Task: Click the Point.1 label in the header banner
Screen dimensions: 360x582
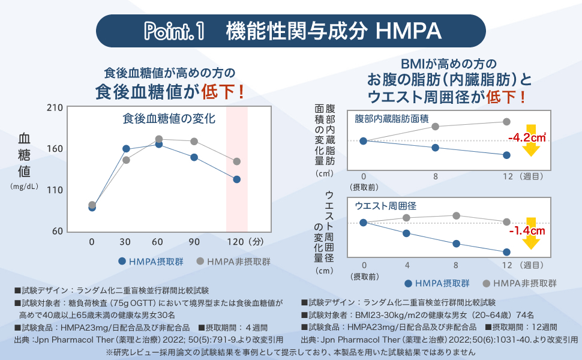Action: pos(174,31)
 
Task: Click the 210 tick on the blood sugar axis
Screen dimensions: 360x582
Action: pos(55,107)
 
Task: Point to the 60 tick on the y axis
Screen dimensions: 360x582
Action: pos(57,231)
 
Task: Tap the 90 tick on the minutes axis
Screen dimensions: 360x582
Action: pos(194,242)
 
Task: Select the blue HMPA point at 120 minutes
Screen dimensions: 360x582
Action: pos(237,179)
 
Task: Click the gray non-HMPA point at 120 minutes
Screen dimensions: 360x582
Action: pos(237,161)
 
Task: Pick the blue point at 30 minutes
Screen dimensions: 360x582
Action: pos(126,148)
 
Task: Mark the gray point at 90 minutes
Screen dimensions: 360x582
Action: pos(194,142)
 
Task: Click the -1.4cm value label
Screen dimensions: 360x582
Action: pos(526,230)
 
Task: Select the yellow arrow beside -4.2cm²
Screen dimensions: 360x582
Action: pos(530,140)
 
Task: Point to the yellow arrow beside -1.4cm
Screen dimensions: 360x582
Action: pos(530,233)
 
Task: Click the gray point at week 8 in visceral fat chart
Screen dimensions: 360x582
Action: pos(436,127)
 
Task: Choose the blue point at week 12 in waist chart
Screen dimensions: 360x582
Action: pos(507,252)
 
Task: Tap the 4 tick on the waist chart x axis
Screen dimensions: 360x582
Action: pos(407,265)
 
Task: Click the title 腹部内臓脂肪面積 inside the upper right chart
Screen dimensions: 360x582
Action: pos(391,118)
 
